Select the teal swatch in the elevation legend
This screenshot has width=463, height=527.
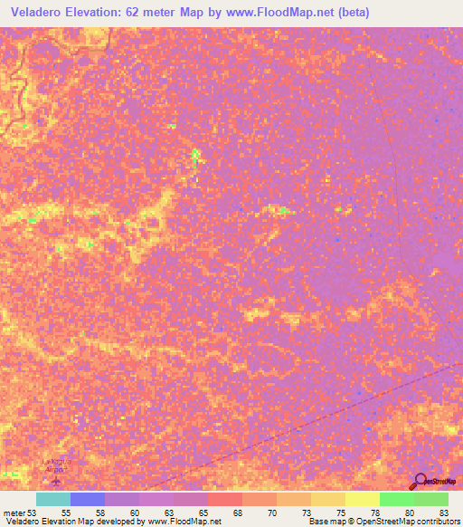(53, 499)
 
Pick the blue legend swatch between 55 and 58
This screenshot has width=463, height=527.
(88, 499)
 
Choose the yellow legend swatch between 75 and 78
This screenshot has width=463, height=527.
(328, 499)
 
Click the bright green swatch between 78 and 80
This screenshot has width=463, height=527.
(397, 499)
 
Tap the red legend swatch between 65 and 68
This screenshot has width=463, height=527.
(225, 499)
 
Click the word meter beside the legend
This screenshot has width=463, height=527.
(14, 513)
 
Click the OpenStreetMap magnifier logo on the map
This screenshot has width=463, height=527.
(419, 482)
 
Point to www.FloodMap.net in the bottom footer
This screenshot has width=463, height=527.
(184, 522)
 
